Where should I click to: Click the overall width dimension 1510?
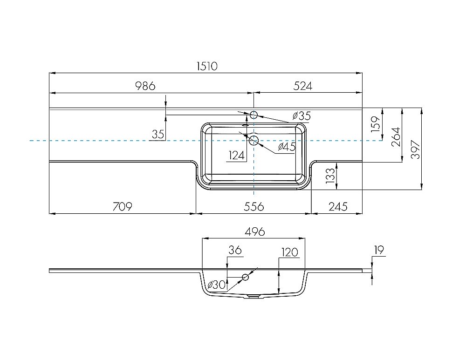207,66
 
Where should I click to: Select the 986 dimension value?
145,86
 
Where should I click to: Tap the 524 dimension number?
303,86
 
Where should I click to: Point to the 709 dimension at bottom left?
122,206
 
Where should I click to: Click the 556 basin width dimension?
254,206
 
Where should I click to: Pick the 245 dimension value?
338,206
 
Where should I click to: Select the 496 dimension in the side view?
255,231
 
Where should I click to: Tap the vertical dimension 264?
396,137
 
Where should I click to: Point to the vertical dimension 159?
376,124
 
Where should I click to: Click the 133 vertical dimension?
330,176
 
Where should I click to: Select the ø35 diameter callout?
302,115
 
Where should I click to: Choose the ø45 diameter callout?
287,146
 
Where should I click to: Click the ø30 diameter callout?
217,285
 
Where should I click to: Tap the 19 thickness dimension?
378,250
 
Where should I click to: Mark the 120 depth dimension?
289,252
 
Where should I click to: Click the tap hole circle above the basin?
254,115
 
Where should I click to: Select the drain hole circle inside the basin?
254,140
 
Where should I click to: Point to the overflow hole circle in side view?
245,277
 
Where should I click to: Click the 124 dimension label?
237,155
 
